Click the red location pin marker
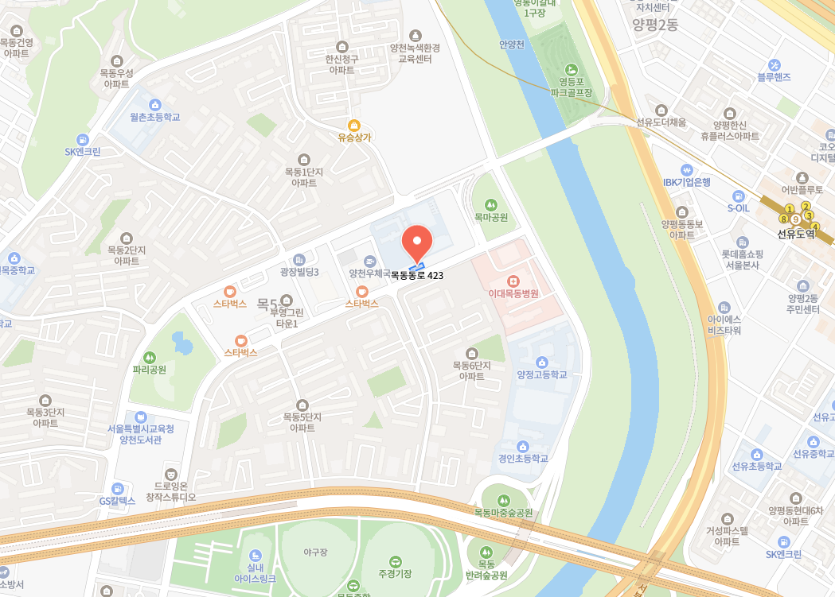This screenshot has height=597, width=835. pyautogui.click(x=416, y=240)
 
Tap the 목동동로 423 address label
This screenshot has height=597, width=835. pyautogui.click(x=416, y=275)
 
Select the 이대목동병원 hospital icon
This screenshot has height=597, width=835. pyautogui.click(x=513, y=281)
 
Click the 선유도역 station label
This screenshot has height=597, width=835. pyautogui.click(x=796, y=234)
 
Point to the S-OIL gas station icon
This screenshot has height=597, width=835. pyautogui.click(x=738, y=196)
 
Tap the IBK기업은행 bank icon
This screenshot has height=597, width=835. pyautogui.click(x=687, y=169)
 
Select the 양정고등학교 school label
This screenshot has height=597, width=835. pyautogui.click(x=542, y=374)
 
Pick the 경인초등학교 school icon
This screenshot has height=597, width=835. pyautogui.click(x=523, y=446)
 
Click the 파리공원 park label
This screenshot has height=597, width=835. pyautogui.click(x=150, y=370)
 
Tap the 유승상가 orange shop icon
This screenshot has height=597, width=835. pyautogui.click(x=354, y=125)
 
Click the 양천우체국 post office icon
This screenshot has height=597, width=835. pyautogui.click(x=369, y=261)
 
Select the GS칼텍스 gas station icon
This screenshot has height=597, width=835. pyautogui.click(x=118, y=488)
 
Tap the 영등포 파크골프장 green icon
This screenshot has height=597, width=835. pyautogui.click(x=571, y=69)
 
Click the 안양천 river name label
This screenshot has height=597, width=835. pyautogui.click(x=511, y=45)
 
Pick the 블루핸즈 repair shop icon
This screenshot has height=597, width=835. pyautogui.click(x=774, y=64)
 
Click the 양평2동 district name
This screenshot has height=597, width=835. pyautogui.click(x=654, y=25)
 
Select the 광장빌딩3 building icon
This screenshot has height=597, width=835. pyautogui.click(x=298, y=259)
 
